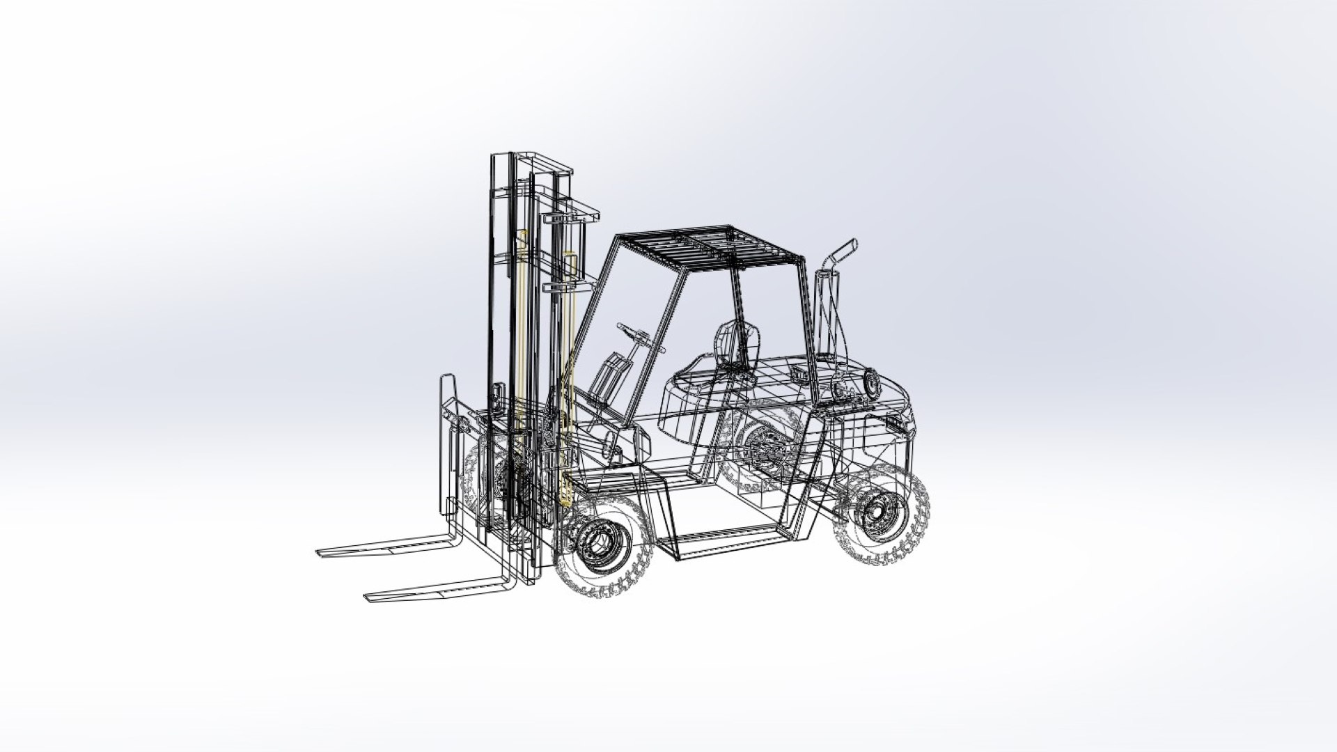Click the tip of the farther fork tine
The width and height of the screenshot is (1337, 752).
pos(322,553)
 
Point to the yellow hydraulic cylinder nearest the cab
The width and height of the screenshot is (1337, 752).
pos(570,376)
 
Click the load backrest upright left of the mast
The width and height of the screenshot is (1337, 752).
pos(447,446)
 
